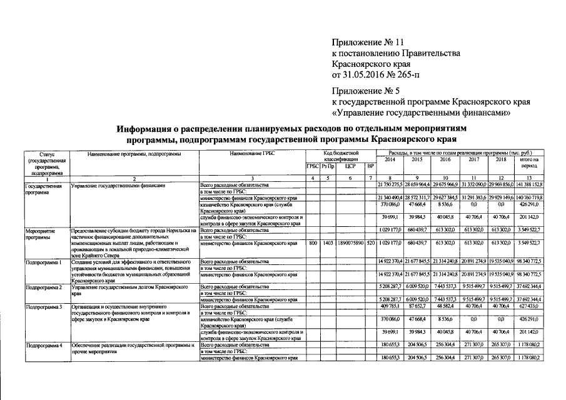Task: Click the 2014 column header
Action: pos(390,159)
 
